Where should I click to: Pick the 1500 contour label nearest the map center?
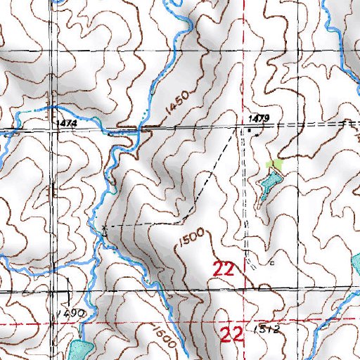(x=190, y=238)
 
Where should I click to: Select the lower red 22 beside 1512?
(x=233, y=333)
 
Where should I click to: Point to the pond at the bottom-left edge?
(x=80, y=349)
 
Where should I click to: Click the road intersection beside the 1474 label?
(x=51, y=129)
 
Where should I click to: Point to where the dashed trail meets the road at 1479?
(x=236, y=129)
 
